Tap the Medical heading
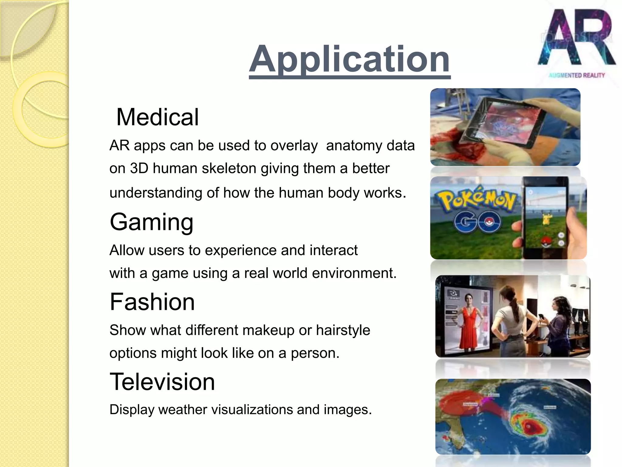coord(157,117)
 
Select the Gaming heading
coord(152,222)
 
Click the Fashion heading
coord(152,302)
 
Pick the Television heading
coord(162,382)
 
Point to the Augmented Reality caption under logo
coord(576,75)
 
